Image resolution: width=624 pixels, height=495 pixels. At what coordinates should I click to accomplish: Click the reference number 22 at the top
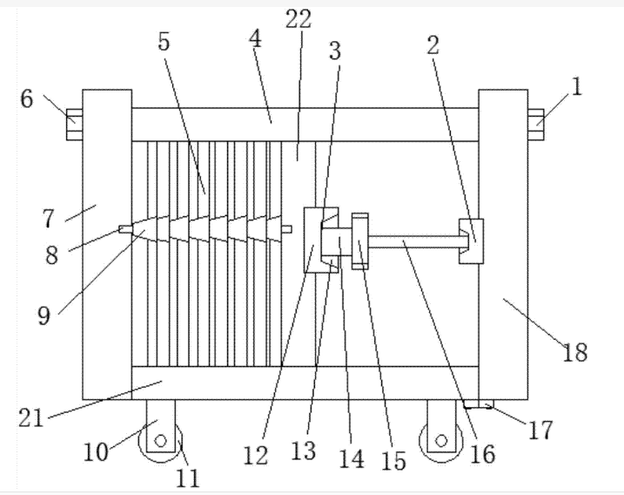(299, 18)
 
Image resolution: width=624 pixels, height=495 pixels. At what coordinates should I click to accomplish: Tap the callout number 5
(164, 41)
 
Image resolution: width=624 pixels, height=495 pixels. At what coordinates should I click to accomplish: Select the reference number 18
(574, 352)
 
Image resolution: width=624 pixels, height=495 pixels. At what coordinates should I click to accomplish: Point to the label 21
(31, 418)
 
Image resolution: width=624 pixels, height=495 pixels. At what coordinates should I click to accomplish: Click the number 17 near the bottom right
(540, 430)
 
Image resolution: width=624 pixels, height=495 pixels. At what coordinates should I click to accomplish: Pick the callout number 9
(44, 315)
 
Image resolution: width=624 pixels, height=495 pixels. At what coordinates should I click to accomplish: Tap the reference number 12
(256, 456)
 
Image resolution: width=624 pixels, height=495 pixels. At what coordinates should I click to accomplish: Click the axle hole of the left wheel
(161, 441)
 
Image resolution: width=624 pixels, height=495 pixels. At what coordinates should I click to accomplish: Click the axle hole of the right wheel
(441, 441)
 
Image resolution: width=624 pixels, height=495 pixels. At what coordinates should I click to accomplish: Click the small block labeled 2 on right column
(471, 241)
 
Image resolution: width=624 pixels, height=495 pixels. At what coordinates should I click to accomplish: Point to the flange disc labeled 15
(360, 241)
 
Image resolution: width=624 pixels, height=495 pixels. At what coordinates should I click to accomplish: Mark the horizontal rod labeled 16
(414, 241)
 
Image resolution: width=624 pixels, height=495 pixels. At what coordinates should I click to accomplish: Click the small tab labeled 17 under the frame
(479, 404)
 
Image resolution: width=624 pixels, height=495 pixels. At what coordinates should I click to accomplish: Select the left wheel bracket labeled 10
(161, 425)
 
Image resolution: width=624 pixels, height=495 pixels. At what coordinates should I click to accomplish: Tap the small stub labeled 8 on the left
(125, 229)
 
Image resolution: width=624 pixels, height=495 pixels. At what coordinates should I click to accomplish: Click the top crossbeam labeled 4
(305, 125)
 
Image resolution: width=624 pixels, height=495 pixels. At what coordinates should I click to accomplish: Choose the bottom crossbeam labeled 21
(305, 383)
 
